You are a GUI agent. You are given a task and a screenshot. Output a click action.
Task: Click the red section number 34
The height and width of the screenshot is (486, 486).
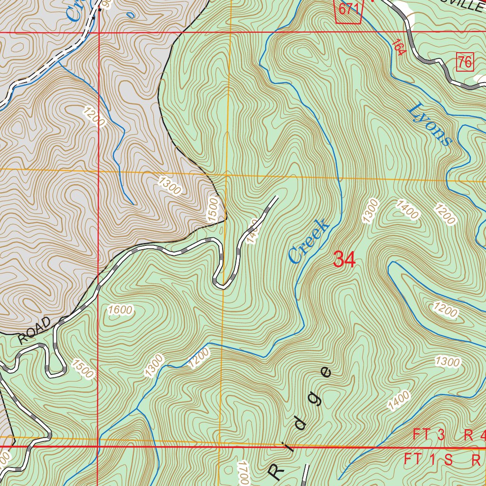[345, 260]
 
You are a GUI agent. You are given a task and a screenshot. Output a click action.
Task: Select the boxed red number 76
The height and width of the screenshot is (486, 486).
[466, 62]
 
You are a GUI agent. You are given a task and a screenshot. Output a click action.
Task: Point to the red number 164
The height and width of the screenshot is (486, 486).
[399, 47]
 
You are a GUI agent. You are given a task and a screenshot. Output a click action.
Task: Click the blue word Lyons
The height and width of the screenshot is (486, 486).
[429, 124]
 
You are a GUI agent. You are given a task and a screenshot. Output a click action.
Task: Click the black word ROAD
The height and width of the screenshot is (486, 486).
[35, 330]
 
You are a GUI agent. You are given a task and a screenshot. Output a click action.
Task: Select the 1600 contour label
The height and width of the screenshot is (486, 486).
[120, 310]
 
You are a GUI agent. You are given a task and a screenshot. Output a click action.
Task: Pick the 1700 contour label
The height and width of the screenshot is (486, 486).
[243, 473]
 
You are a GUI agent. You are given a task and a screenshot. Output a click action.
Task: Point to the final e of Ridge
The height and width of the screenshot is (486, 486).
[325, 372]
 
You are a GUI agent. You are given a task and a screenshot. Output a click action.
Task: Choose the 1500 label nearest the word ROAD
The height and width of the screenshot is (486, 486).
[83, 369]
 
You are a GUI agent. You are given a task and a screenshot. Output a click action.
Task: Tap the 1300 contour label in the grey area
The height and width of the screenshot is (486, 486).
[169, 186]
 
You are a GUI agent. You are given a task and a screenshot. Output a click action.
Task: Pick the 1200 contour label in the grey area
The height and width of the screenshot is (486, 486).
[94, 117]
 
